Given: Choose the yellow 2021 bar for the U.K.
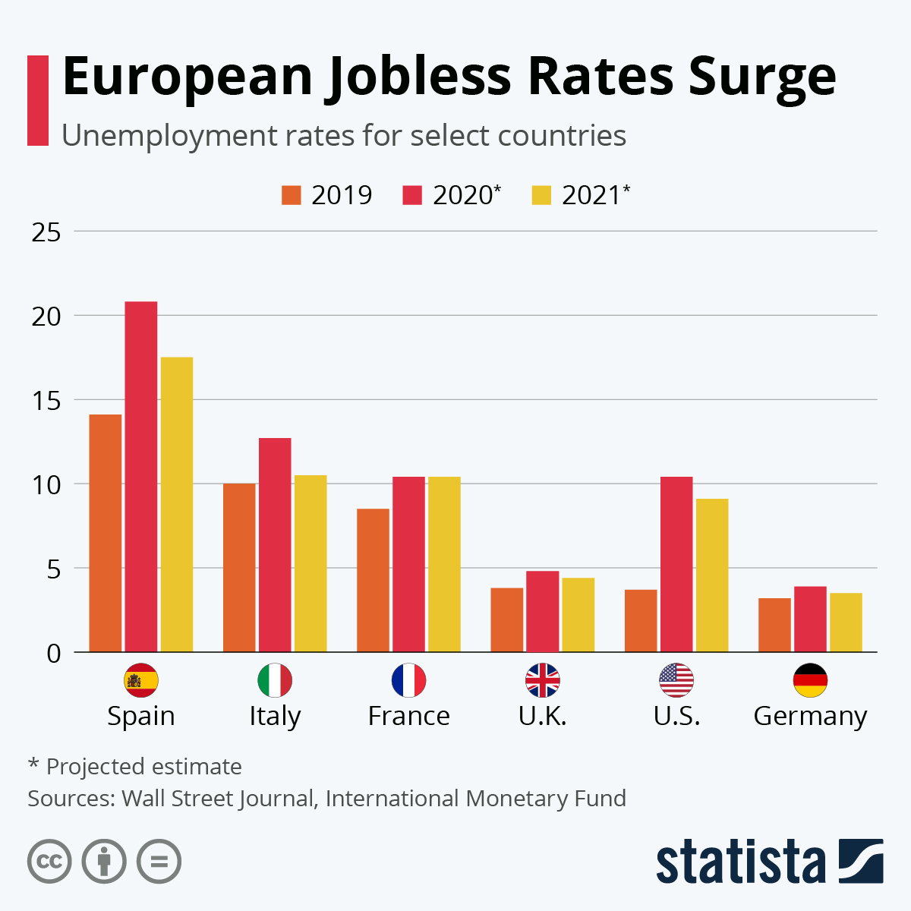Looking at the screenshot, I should click(578, 615).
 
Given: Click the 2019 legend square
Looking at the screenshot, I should click(292, 195).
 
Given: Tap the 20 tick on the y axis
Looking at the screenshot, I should click(46, 316).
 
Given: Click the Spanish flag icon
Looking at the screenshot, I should click(141, 680).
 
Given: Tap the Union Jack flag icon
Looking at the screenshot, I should click(543, 680).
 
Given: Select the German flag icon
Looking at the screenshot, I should click(810, 680).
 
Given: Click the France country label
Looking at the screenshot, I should click(408, 716).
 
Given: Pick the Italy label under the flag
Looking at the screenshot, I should click(275, 716).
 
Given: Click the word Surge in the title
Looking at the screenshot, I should click(762, 77).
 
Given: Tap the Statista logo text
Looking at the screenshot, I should click(740, 862).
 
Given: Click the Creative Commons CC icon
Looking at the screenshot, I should click(49, 862).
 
